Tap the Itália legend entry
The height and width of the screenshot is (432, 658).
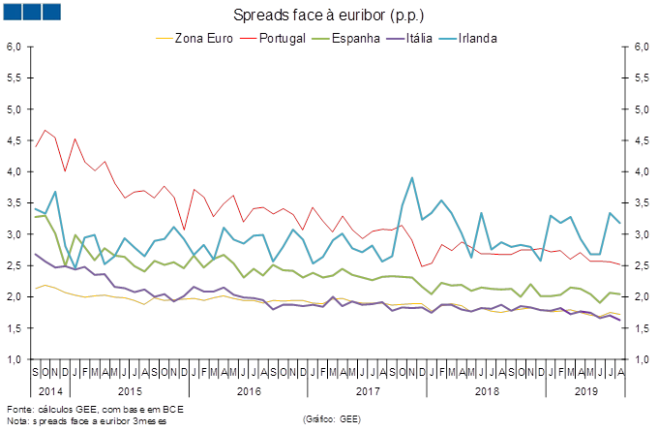[x=420, y=39]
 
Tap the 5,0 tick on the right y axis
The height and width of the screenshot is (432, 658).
[x=641, y=109]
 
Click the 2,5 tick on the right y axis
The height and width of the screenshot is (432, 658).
[x=641, y=265]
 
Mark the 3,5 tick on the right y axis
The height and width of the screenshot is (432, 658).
[x=641, y=203]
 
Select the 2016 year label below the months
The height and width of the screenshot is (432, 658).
[x=249, y=391]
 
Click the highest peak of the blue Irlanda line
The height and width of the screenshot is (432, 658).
[x=413, y=178]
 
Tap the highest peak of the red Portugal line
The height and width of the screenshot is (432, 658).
[x=45, y=130]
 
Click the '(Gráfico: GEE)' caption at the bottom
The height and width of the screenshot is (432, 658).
[x=332, y=418]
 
